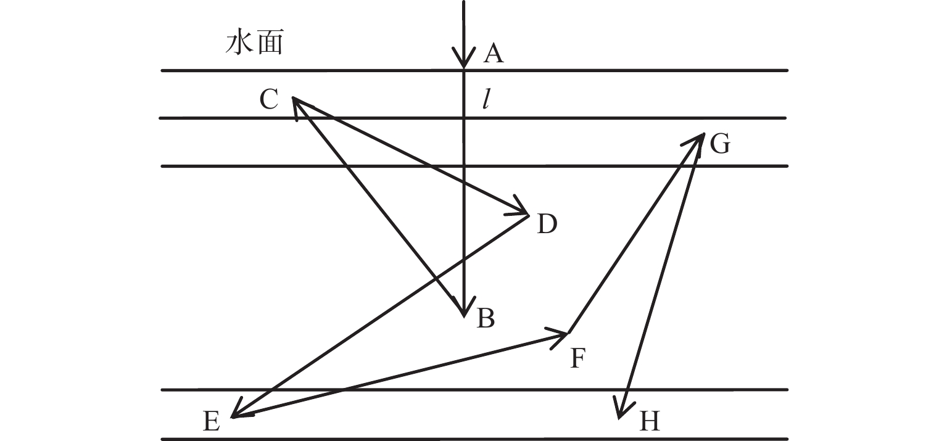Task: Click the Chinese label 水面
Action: click(254, 44)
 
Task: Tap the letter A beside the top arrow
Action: click(494, 54)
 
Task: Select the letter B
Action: click(486, 319)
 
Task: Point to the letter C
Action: click(269, 99)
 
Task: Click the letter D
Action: click(547, 225)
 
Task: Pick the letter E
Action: click(211, 422)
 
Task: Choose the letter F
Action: click(577, 358)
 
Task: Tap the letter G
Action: click(719, 144)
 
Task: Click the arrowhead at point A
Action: click(463, 62)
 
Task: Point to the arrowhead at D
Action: click(522, 211)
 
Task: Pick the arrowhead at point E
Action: click(238, 413)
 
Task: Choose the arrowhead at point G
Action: click(699, 139)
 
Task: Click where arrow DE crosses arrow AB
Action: click(463, 259)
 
